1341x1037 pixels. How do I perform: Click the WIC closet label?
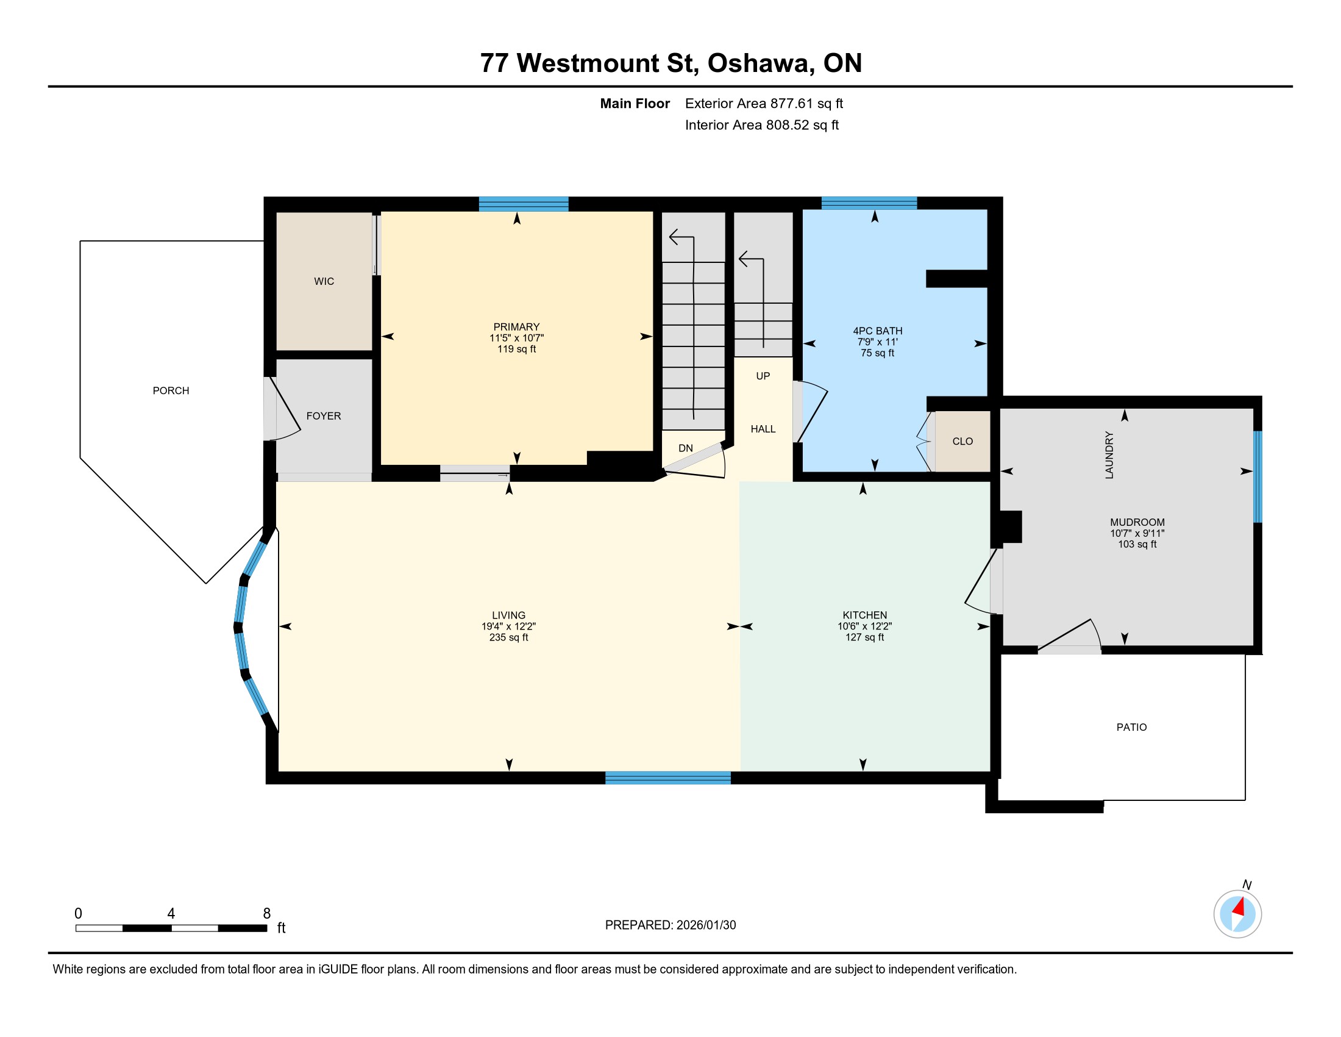pos(324,281)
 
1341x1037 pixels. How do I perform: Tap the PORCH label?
pos(171,391)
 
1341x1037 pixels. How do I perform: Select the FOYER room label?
pos(324,416)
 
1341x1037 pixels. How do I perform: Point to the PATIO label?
pos(1131,727)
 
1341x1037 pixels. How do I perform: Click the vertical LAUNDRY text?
pos(1109,455)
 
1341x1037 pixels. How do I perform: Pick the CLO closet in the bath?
pos(962,441)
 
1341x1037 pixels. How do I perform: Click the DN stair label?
pos(685,448)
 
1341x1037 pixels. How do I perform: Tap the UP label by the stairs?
pos(763,376)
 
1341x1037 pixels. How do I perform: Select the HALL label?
pos(763,429)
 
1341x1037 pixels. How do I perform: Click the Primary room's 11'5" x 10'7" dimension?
pos(516,338)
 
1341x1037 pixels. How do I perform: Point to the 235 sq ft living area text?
pos(508,637)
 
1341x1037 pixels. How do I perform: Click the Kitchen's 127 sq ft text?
pos(864,637)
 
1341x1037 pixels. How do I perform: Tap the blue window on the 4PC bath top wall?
pos(869,203)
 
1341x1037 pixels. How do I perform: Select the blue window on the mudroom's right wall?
pos(1257,477)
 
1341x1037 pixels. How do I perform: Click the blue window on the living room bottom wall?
pos(668,778)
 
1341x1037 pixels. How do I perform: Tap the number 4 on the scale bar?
pos(171,914)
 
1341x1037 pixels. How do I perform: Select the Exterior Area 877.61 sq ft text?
pos(764,104)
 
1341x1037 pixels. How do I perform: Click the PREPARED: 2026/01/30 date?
pos(670,925)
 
